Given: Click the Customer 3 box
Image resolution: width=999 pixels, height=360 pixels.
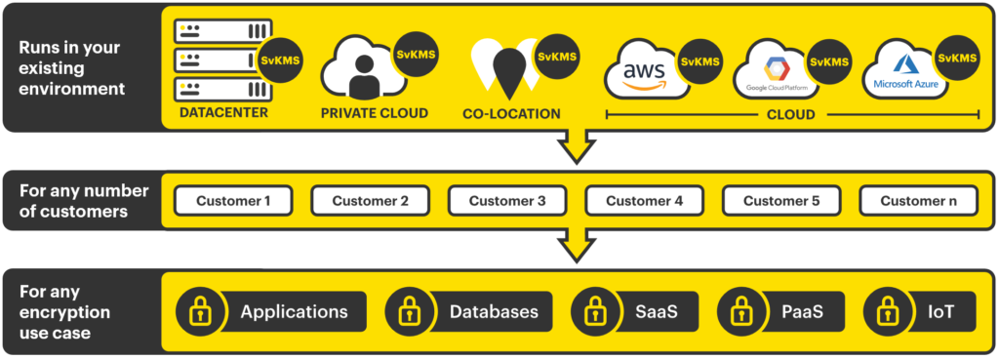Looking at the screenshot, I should point(506,202).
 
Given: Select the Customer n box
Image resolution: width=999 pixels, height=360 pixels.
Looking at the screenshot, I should point(918,202).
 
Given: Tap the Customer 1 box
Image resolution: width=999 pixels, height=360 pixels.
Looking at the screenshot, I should point(233,202).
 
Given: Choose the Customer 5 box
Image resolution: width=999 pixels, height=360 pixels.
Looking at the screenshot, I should point(780,202).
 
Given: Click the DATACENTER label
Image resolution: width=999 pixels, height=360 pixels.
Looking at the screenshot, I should point(223,113).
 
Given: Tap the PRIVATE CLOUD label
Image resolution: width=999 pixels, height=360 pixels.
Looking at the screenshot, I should point(375,113).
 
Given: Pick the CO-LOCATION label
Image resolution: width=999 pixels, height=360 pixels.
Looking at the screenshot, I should point(511,114).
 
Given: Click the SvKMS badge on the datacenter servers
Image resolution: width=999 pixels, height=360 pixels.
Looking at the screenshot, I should point(281,60).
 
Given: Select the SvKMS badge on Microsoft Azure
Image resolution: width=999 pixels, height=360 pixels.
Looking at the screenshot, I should point(958,59).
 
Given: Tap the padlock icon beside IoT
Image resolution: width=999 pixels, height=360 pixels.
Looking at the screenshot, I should point(887,312).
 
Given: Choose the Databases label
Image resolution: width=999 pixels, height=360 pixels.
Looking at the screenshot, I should point(494,312).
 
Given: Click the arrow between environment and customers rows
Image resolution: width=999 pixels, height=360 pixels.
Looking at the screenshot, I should point(577,148).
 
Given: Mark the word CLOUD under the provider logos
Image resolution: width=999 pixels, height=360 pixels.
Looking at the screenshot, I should point(790,114).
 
